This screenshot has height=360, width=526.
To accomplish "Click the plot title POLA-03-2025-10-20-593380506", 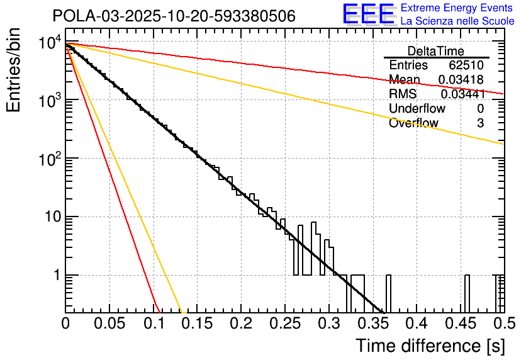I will point(174,16).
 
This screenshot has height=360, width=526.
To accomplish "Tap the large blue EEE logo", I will point(368,14).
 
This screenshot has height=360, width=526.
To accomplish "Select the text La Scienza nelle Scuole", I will point(457,21).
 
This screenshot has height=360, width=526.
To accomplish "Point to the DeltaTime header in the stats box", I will point(436,51).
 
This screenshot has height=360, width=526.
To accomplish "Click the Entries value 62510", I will point(466,65).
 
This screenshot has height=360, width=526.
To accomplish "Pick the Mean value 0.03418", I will point(461,80).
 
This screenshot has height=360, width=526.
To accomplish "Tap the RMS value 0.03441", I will point(462,94).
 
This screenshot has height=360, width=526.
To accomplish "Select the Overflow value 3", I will point(480,123).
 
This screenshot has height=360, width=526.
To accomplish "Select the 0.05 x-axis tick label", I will point(109,323).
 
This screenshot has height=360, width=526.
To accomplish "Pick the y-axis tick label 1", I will point(55,276).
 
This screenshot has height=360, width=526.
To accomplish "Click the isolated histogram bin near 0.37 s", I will point(389,293).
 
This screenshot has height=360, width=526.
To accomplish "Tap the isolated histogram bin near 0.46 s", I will point(467,293).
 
